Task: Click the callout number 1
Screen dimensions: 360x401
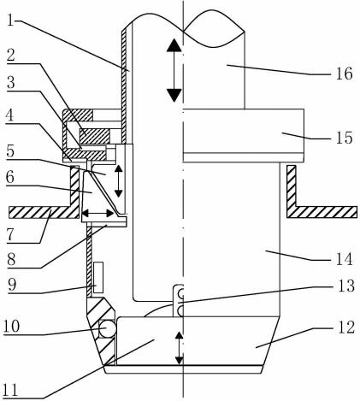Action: pos(10,21)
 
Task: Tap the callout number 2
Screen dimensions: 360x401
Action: pos(11,55)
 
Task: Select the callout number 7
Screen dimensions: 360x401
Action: pos(10,235)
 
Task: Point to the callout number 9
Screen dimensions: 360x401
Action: pos(12,285)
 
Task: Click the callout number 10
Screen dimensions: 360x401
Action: pos(11,326)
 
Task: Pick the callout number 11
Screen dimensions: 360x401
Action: pos(10,390)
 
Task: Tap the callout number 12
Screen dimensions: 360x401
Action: pos(345,327)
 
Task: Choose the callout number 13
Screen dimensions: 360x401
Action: pos(345,286)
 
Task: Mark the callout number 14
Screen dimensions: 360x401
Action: pos(344,259)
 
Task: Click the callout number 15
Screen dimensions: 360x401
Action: pos(344,138)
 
